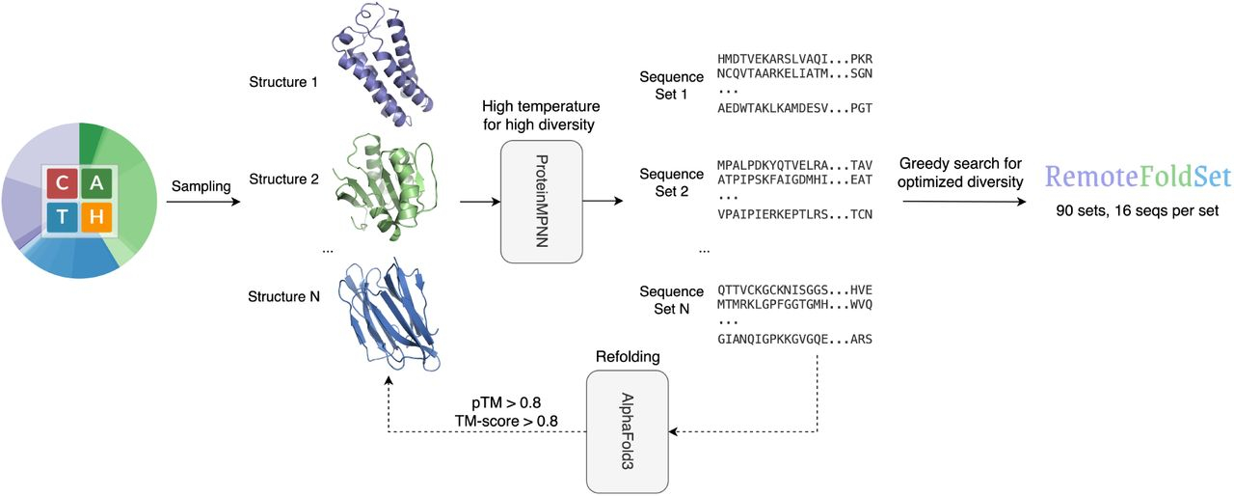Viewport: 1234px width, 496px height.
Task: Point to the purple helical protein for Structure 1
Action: pos(384,63)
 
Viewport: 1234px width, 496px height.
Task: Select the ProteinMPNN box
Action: pos(542,202)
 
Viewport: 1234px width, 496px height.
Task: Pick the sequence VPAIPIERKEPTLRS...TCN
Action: pos(794,213)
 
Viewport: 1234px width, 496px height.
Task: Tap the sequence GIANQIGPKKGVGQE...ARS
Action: pos(794,339)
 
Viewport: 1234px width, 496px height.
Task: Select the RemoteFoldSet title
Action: pos(1139,177)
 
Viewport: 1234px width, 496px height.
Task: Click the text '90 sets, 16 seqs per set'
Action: pos(1138,210)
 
